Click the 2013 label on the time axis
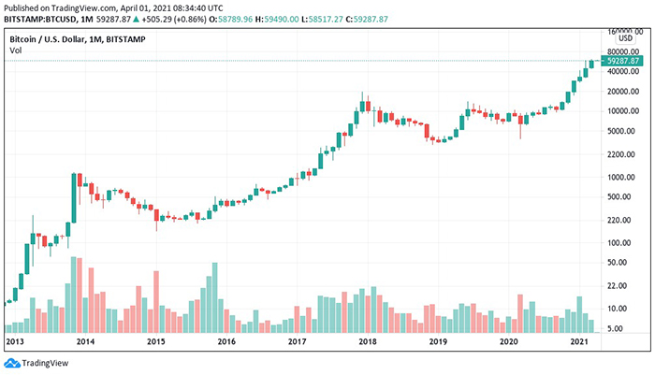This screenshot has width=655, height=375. [x=14, y=342]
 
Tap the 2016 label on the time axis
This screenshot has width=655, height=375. [x=226, y=342]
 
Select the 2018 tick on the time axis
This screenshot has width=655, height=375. [x=367, y=342]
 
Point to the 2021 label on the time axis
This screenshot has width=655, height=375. [x=579, y=342]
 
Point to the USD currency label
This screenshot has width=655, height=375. [x=628, y=40]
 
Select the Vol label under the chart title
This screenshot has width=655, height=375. [x=16, y=50]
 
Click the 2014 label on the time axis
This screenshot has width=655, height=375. [x=85, y=342]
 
